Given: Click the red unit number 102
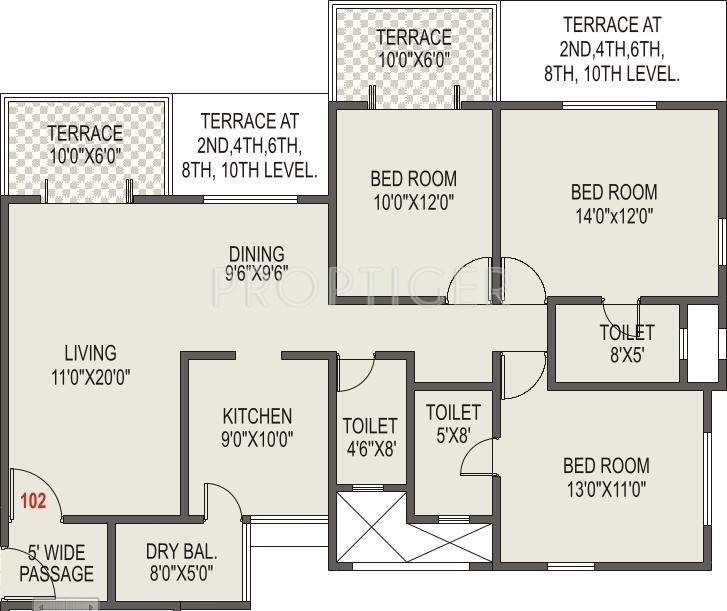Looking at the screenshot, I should click(x=33, y=502).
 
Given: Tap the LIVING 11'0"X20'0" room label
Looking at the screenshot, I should click(x=90, y=365).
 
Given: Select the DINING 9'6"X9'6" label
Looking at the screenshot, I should click(x=256, y=264).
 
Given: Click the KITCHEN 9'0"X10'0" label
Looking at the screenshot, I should click(x=257, y=427).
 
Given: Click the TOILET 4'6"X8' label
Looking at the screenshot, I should click(x=369, y=437).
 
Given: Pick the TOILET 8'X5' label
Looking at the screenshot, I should click(x=627, y=343).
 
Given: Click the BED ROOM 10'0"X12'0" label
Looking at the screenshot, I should click(x=413, y=191).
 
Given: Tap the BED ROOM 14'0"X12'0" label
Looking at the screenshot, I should click(x=613, y=203).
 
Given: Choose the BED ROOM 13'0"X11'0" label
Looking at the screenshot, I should click(x=605, y=477).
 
